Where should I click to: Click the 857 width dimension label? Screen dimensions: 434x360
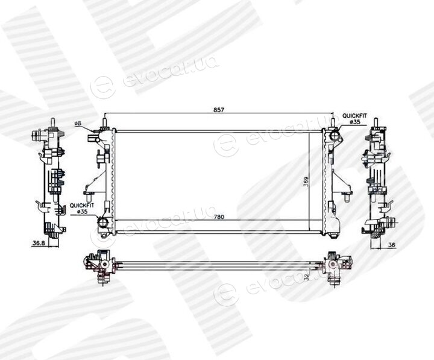click(218, 110)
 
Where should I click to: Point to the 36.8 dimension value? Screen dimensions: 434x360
click(39, 244)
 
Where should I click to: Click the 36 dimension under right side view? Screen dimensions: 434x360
click(391, 245)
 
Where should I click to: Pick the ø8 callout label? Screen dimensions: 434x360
click(78, 124)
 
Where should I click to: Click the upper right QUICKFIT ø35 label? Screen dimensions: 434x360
click(354, 119)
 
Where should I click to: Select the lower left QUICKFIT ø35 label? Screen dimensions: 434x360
click(81, 208)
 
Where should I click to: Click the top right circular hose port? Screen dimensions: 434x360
click(335, 136)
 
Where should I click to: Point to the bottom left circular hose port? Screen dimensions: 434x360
click(103, 222)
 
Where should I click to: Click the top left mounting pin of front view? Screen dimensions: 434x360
click(105, 122)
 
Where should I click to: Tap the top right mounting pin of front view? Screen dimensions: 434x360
click(334, 122)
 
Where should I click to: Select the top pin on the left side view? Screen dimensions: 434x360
click(52, 122)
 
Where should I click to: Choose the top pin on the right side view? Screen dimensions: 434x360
click(376, 122)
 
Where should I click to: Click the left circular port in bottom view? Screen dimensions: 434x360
click(104, 265)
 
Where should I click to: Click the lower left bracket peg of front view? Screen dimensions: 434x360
click(89, 197)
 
